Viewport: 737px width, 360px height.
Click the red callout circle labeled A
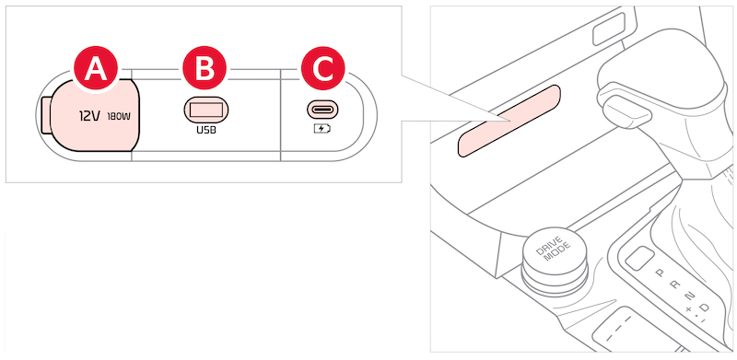[96, 71]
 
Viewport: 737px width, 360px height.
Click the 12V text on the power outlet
[89, 116]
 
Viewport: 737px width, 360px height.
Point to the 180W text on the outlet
[120, 116]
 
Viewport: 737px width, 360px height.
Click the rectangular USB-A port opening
[206, 110]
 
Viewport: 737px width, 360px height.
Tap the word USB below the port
[206, 130]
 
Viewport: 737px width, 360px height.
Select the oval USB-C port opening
[324, 110]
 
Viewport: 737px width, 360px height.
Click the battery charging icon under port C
[322, 128]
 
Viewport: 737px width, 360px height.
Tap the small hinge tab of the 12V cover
[46, 116]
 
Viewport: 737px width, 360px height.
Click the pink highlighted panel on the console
[509, 122]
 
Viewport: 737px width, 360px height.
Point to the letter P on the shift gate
[660, 272]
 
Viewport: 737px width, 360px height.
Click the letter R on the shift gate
[674, 284]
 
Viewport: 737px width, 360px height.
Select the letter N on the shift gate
[689, 296]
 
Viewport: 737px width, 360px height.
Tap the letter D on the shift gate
[704, 308]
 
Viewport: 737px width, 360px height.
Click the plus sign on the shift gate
[688, 309]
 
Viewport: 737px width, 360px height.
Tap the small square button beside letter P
[640, 258]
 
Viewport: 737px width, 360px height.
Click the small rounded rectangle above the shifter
[609, 29]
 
